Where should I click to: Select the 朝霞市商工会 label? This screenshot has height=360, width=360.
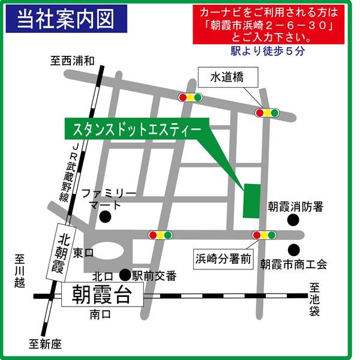point(293,263)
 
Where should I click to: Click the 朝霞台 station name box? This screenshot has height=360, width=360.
point(102,295)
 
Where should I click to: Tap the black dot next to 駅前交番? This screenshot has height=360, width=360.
point(125,275)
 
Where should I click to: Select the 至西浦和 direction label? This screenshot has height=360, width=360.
point(72,60)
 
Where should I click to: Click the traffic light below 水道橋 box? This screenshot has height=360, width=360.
point(267,112)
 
